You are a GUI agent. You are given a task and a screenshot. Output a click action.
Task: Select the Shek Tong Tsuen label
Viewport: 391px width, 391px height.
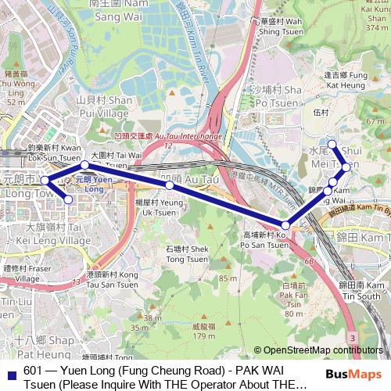185,254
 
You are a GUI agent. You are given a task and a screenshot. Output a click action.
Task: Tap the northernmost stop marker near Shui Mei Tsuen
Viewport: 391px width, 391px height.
332,143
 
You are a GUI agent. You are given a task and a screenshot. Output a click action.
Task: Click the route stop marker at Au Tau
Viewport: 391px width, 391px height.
170,185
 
